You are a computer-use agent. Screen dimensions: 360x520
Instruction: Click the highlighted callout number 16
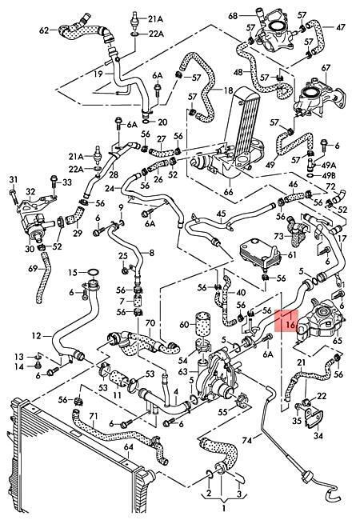pyautogui.click(x=290, y=324)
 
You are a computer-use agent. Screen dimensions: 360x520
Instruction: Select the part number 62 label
pyautogui.click(x=44, y=30)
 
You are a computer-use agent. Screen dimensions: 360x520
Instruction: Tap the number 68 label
pyautogui.click(x=233, y=15)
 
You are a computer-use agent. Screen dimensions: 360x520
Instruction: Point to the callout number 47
pyautogui.click(x=341, y=27)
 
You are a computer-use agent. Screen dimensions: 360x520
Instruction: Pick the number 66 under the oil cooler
pyautogui.click(x=228, y=192)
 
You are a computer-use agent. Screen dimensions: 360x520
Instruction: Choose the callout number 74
pyautogui.click(x=247, y=440)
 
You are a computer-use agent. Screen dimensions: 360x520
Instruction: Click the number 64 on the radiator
pyautogui.click(x=128, y=447)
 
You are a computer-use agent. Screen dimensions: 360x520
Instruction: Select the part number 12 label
pyautogui.click(x=37, y=336)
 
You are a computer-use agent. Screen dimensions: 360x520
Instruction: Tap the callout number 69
pyautogui.click(x=33, y=268)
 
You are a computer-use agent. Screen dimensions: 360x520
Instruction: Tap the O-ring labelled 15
pyautogui.click(x=94, y=273)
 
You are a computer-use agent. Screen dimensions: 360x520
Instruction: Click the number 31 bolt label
pyautogui.click(x=13, y=179)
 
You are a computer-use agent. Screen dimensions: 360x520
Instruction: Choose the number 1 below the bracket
pyautogui.click(x=223, y=508)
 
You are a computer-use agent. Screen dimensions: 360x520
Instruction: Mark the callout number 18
pyautogui.click(x=228, y=90)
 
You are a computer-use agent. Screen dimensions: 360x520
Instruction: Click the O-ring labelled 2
pyautogui.click(x=210, y=475)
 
